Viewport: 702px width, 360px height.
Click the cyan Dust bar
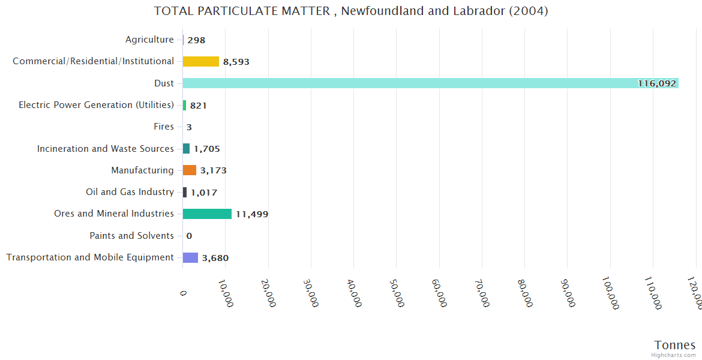pos(430,83)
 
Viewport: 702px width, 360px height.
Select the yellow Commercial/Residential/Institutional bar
pos(201,61)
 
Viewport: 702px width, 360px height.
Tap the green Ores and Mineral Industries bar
pos(207,214)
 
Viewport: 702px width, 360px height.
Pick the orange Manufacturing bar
pos(190,170)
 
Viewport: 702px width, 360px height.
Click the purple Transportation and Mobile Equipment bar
pos(190,257)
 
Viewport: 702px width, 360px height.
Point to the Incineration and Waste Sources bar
pos(186,149)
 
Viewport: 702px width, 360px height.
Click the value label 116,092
pos(656,84)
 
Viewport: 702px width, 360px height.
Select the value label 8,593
pos(236,62)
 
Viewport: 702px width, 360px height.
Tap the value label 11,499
pos(252,214)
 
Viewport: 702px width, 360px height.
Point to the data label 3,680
pos(215,258)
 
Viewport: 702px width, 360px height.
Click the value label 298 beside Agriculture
pos(196,40)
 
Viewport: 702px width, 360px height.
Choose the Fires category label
pos(164,127)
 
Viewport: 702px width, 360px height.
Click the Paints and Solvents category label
pos(132,236)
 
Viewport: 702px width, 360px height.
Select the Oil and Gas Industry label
pos(130,192)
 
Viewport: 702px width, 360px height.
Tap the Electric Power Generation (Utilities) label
pos(97,105)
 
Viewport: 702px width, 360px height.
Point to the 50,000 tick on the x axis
pos(397,293)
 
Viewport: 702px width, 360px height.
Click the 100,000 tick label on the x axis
pos(610,295)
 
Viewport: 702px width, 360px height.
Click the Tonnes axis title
pos(675,345)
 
